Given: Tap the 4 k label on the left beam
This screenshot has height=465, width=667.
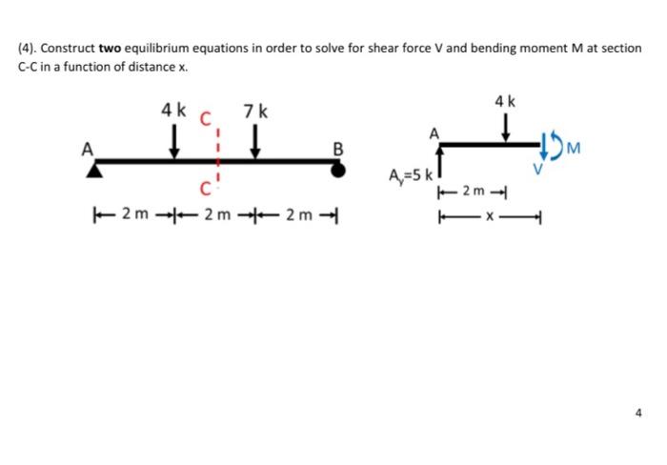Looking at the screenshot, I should [173, 110].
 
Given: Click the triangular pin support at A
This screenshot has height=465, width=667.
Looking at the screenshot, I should [95, 170].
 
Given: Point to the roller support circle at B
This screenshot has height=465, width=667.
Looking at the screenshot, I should [337, 169].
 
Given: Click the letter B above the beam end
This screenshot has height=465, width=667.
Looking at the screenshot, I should [337, 147].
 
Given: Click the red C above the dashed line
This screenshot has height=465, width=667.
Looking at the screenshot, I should [203, 121].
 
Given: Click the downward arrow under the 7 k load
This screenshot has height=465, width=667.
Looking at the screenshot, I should [255, 141].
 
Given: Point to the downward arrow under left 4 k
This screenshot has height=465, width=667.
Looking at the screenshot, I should [174, 141].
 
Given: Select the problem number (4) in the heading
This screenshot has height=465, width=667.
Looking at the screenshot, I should [27, 48].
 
